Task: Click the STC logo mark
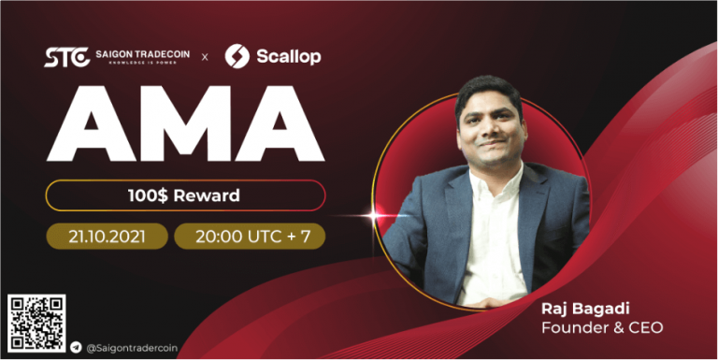point(67,57)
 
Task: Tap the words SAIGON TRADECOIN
point(142,54)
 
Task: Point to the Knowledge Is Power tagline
point(142,65)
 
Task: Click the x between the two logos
point(206,57)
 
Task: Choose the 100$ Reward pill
point(184,195)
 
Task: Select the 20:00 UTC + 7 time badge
point(250,235)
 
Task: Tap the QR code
point(36,324)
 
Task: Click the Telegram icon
point(76,347)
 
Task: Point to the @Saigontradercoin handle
point(132,347)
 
